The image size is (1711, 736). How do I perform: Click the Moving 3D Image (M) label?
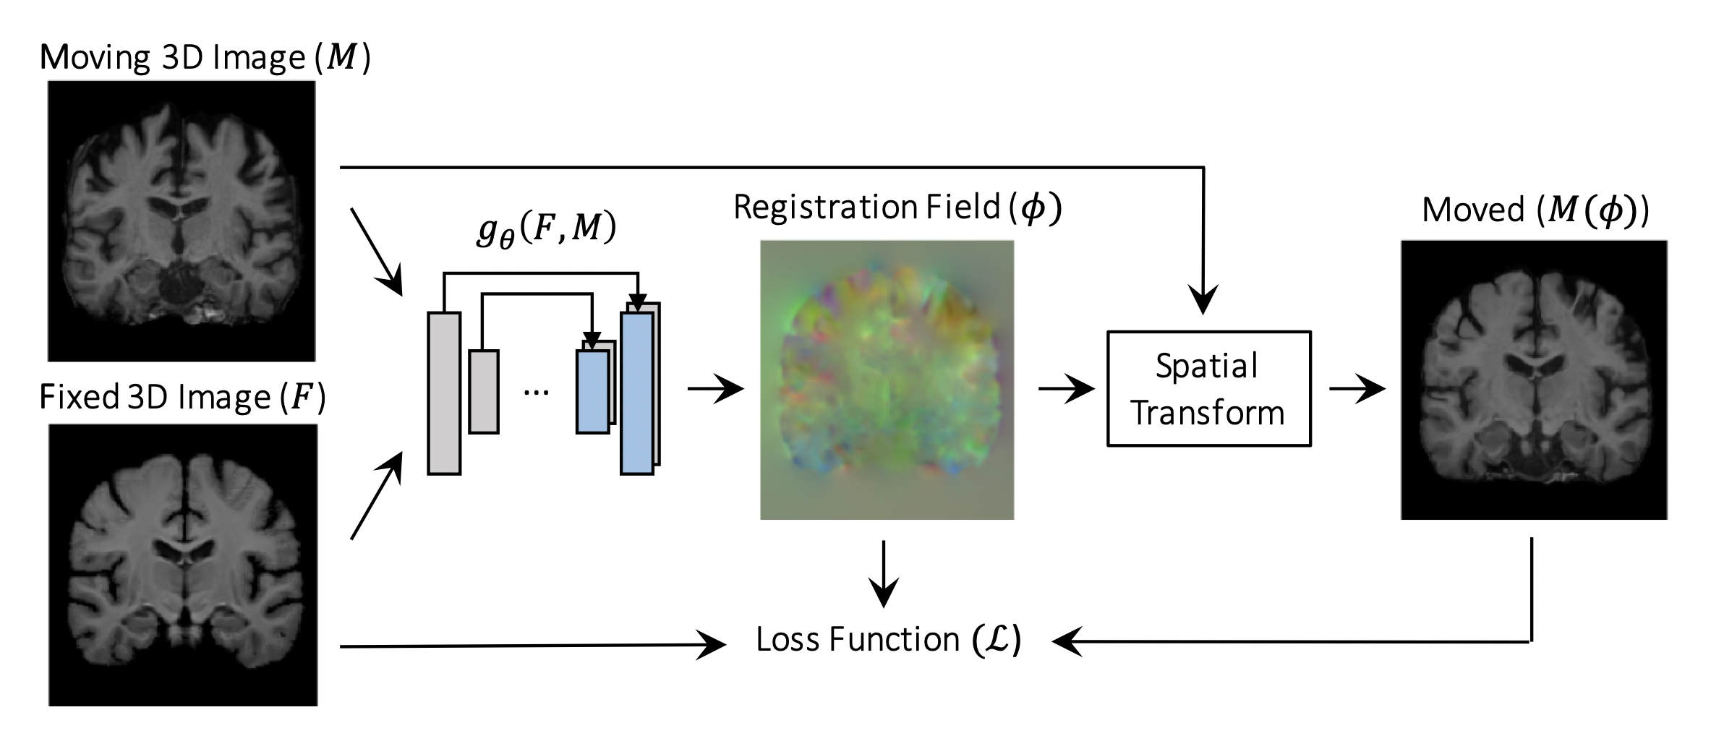pos(205,59)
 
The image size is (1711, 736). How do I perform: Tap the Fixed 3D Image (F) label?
pos(182,398)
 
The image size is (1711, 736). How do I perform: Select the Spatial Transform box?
pos(1208,389)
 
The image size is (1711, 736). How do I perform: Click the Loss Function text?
pos(889,640)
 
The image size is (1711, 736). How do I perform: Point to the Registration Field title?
pos(897,207)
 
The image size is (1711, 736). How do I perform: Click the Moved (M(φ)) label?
pos(1535,210)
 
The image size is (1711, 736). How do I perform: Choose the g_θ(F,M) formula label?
pos(546,230)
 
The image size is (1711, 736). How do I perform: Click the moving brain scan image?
pos(182,221)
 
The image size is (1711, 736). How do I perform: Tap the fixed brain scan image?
pos(183,565)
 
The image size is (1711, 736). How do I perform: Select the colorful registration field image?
pos(887,380)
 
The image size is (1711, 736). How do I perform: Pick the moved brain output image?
pos(1534,380)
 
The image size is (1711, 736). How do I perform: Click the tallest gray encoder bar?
pos(444,393)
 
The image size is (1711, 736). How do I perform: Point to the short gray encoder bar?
pos(484,392)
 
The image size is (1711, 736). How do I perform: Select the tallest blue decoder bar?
pos(637,393)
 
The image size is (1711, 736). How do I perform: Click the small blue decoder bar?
pos(592,392)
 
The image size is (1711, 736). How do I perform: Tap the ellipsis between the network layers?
pos(536,393)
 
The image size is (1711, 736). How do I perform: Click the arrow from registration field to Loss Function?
pos(883,575)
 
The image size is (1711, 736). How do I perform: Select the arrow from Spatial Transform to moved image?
pos(1357,389)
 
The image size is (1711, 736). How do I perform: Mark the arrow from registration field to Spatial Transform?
pos(1067,390)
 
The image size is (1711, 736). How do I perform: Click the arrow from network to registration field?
pos(716,389)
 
